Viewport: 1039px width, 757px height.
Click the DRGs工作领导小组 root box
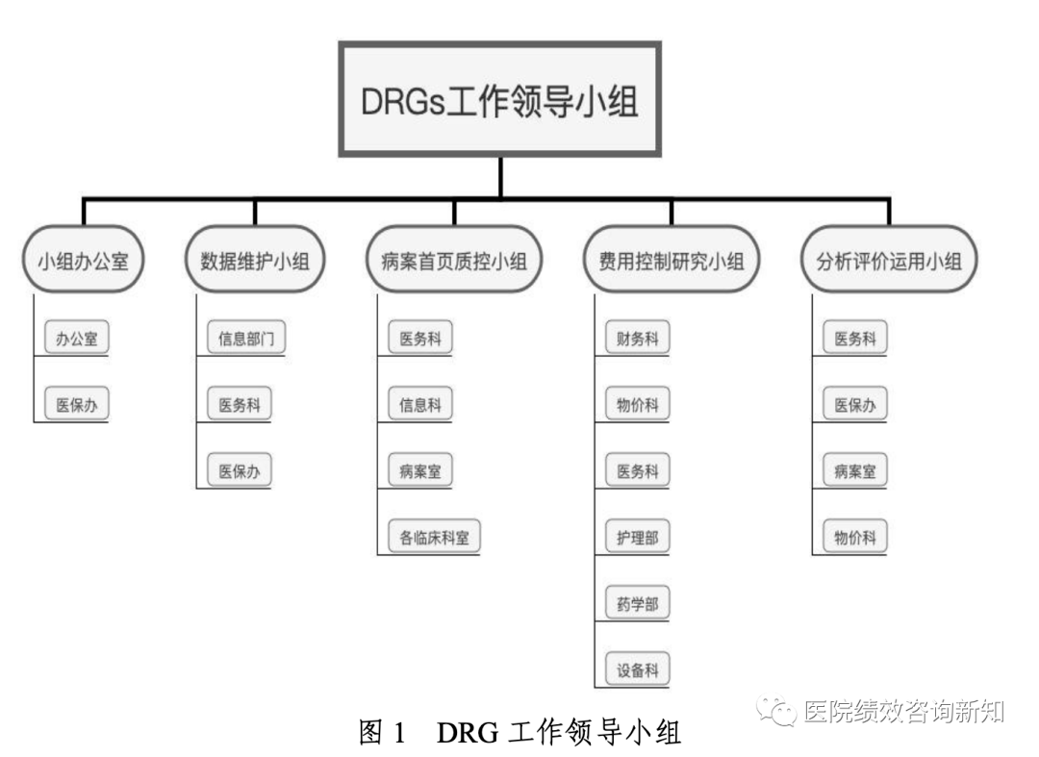(499, 99)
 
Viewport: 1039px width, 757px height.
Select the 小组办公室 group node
(83, 260)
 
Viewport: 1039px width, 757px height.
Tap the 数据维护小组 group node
(255, 260)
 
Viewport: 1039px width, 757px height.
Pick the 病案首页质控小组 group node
(454, 260)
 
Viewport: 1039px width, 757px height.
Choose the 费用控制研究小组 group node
(672, 260)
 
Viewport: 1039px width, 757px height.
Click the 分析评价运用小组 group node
(889, 260)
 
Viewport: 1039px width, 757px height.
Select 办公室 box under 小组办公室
(77, 339)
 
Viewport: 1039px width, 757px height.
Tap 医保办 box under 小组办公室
(77, 405)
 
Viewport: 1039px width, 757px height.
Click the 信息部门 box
(246, 339)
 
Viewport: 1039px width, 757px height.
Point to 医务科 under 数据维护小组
(240, 405)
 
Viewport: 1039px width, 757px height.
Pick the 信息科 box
(420, 405)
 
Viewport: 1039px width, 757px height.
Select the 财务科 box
(638, 339)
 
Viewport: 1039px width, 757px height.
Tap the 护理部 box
(638, 538)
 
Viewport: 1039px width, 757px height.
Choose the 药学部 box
(638, 604)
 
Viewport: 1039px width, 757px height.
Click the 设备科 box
(638, 670)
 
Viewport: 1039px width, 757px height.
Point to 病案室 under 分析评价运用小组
(855, 471)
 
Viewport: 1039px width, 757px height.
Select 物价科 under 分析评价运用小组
(855, 538)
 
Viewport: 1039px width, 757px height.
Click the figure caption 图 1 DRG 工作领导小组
(519, 733)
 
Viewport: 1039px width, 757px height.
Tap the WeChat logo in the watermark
(775, 711)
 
